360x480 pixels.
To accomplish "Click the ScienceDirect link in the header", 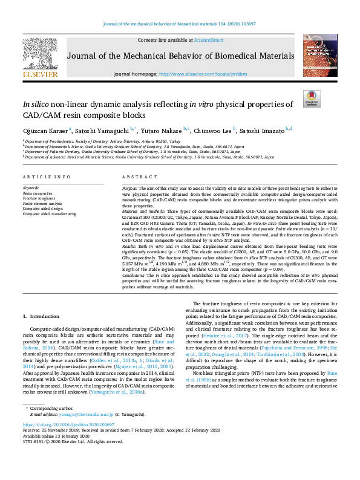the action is click(x=208, y=40).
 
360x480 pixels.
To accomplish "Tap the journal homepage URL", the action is click(x=211, y=73).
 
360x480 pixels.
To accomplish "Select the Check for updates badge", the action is click(x=311, y=99).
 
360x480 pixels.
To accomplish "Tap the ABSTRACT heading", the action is click(x=136, y=177).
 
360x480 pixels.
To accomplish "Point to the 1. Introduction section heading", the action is click(x=42, y=316).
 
